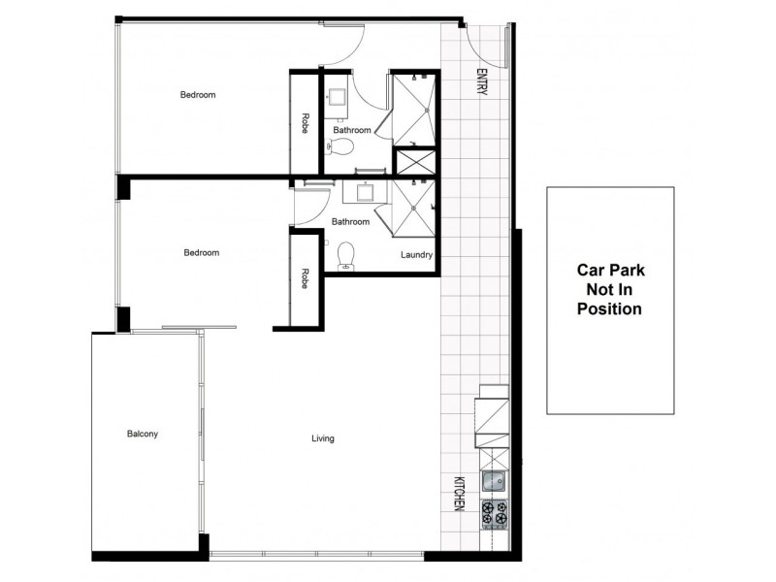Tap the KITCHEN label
pos(460,494)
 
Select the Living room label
pos(322,438)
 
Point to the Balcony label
pos(142,434)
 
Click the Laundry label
pos(416,255)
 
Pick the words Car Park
pos(610,272)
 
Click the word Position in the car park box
pos(609,309)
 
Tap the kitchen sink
pos(494,480)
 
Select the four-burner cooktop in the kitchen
pos(495,513)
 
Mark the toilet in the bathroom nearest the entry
pos(340,147)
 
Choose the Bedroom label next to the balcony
pos(202,252)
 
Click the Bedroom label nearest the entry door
pos(198,95)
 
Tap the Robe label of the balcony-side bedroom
pos(305,278)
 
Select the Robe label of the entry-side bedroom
pos(305,123)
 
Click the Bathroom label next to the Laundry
pos(350,221)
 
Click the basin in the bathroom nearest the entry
pos(338,97)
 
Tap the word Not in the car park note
pos(610,291)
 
